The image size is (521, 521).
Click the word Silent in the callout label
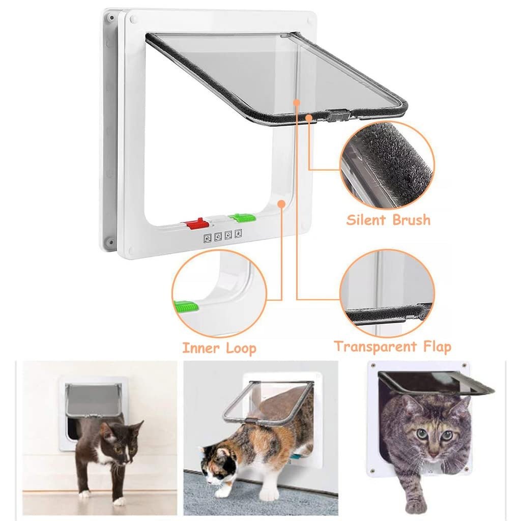367,220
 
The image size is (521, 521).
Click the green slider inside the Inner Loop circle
185,307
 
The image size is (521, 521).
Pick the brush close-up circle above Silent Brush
387,165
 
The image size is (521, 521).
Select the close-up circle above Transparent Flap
387,293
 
